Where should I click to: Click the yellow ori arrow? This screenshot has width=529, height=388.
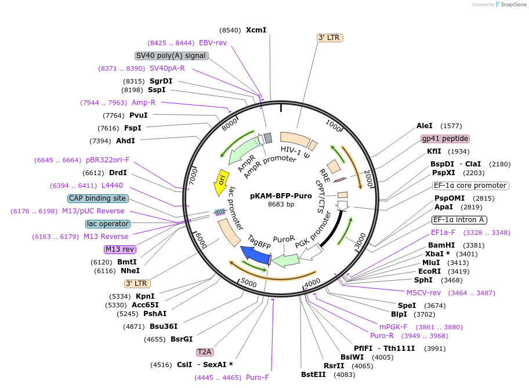[221, 183]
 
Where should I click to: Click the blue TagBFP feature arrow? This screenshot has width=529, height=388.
[255, 255]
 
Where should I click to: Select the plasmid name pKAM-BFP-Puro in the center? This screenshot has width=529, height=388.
[281, 196]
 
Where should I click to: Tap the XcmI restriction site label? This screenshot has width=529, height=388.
[256, 30]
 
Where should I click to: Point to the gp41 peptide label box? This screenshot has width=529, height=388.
[445, 139]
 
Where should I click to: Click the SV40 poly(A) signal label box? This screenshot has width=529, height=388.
[171, 56]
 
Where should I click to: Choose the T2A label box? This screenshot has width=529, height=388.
[204, 352]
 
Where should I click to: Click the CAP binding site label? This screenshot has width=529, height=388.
[97, 198]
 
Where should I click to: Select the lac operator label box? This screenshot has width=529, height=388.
[108, 224]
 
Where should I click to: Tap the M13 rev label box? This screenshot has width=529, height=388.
[119, 249]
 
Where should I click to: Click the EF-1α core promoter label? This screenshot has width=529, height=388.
[470, 186]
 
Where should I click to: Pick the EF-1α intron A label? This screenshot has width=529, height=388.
[459, 220]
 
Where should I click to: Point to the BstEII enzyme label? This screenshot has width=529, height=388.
[313, 375]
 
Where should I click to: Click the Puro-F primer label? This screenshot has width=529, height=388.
[258, 378]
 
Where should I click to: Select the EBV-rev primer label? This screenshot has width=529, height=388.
[213, 43]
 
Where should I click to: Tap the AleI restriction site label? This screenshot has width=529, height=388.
[425, 126]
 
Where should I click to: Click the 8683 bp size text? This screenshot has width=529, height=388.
[281, 205]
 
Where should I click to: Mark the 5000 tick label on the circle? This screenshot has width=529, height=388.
[249, 282]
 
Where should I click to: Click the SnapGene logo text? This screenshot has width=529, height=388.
[513, 5]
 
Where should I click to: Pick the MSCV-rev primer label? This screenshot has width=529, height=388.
[423, 293]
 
